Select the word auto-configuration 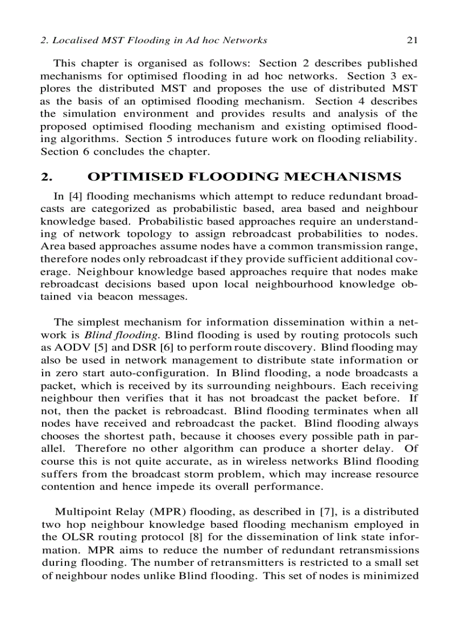pos(168,373)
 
